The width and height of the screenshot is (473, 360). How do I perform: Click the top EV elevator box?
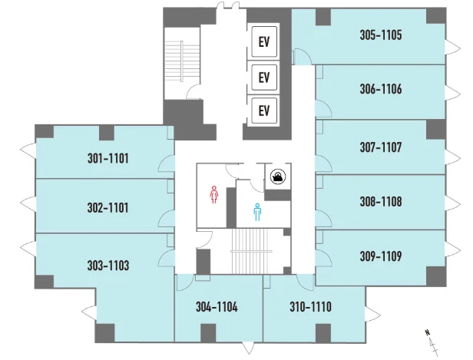tap(264, 41)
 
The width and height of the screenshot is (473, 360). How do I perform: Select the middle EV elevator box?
tap(264, 78)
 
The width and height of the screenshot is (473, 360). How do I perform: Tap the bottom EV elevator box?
tap(264, 111)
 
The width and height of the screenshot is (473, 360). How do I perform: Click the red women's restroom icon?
tap(214, 194)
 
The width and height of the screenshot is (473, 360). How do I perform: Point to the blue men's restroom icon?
tap(257, 212)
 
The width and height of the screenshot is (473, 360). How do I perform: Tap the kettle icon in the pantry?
tap(278, 176)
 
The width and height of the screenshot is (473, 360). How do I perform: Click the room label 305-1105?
tap(381, 35)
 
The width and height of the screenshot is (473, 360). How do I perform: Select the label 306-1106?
tap(381, 89)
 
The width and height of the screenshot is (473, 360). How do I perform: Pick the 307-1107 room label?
tap(381, 147)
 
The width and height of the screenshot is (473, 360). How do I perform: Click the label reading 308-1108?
tap(381, 201)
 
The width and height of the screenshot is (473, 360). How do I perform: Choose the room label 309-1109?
tap(381, 256)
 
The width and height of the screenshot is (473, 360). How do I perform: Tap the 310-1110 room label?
tap(311, 306)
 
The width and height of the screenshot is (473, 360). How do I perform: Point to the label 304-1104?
tap(217, 307)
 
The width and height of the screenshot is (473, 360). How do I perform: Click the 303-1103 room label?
tap(108, 266)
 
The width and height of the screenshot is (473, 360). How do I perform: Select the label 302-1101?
tap(107, 207)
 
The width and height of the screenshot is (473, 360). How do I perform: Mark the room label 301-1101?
tap(108, 158)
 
